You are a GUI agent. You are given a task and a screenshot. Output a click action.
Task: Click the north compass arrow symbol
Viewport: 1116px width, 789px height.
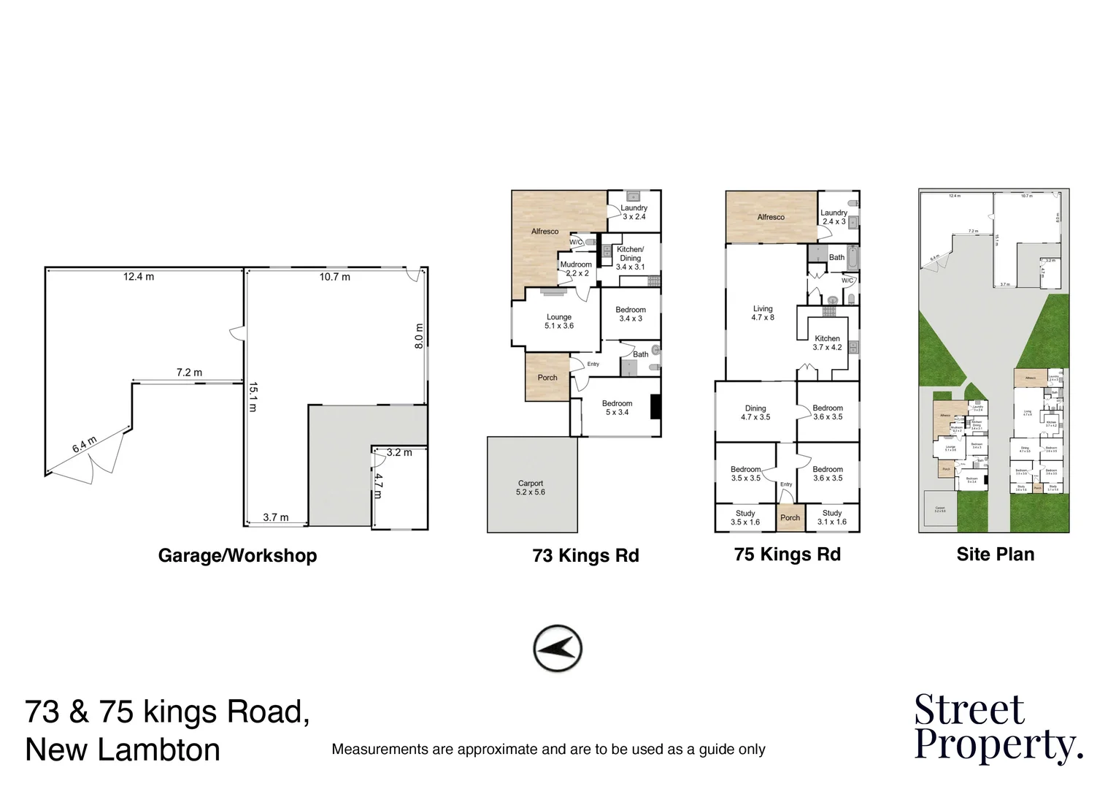pos(558,648)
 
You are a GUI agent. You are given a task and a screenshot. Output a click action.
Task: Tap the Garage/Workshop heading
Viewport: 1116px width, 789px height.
pos(237,555)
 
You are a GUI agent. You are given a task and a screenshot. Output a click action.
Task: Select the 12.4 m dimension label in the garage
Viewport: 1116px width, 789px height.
pos(139,277)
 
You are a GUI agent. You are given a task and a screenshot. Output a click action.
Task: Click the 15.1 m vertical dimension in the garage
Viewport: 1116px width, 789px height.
pos(252,397)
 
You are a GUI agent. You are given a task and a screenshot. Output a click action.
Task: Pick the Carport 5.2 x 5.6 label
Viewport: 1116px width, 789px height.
pos(531,488)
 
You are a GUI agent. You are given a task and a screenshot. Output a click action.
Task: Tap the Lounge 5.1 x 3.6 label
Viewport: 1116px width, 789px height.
pos(559,321)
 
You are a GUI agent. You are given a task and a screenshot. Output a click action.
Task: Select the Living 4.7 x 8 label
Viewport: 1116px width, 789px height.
pos(763,313)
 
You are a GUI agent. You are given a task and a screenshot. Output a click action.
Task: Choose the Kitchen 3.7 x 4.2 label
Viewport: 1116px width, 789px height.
pos(827,343)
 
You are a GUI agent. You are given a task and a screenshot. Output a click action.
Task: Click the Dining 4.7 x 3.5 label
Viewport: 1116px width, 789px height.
pos(755,413)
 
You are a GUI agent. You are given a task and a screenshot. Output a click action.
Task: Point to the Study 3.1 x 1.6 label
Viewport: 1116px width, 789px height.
pos(831,517)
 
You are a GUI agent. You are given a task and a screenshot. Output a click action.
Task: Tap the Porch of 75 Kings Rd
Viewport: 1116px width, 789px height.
pos(790,517)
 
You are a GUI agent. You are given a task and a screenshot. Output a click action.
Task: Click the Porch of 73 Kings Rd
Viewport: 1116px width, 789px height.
pos(547,378)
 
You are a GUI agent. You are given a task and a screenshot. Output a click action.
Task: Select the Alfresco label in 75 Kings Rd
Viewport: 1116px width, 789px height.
pos(771,217)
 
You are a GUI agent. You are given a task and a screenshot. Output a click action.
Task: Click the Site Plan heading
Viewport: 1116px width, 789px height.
pos(995,554)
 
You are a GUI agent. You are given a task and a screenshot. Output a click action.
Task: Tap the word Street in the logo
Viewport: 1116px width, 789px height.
pos(969,709)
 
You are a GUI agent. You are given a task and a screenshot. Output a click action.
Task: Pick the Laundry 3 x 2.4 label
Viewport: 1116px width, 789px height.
pos(634,213)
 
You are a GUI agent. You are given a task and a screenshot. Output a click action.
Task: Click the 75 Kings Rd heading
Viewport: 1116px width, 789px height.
pos(787,554)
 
